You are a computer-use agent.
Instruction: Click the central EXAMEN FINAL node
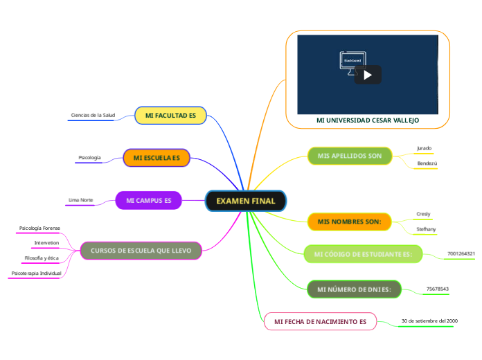coord(246,201)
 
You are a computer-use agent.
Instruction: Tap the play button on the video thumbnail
coord(368,75)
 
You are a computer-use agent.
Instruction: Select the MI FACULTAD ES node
coord(170,115)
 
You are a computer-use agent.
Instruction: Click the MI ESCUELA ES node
coord(157,159)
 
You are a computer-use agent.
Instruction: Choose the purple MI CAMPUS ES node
coord(148,201)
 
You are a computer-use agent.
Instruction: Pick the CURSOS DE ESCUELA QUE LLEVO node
coord(141,250)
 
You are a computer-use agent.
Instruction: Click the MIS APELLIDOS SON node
coord(350,156)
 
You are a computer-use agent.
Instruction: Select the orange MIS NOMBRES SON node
coord(349,222)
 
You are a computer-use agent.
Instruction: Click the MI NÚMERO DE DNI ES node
coord(354,289)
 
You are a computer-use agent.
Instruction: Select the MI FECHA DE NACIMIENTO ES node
coord(320,322)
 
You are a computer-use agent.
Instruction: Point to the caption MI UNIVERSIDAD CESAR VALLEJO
coord(367,120)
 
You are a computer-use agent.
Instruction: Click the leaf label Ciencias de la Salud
coord(93,115)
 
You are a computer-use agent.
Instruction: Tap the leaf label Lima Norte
coord(80,200)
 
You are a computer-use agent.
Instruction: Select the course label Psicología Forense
coord(39,228)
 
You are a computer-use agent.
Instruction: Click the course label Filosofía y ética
coord(42,258)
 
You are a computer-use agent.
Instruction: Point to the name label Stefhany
coord(426,228)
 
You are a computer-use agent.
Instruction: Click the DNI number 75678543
coord(437,289)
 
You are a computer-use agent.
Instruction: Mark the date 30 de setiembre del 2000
coord(429,321)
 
